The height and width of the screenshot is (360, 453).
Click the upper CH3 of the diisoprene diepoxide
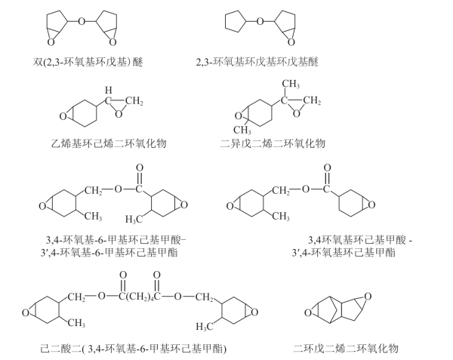coord(291,84)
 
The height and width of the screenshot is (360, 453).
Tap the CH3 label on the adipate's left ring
coord(75,323)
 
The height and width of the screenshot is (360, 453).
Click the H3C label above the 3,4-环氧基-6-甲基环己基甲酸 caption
coord(135,220)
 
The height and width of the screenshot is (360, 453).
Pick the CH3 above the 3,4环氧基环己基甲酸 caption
coord(280,217)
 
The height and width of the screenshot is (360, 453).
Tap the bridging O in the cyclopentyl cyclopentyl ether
coord(260,20)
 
